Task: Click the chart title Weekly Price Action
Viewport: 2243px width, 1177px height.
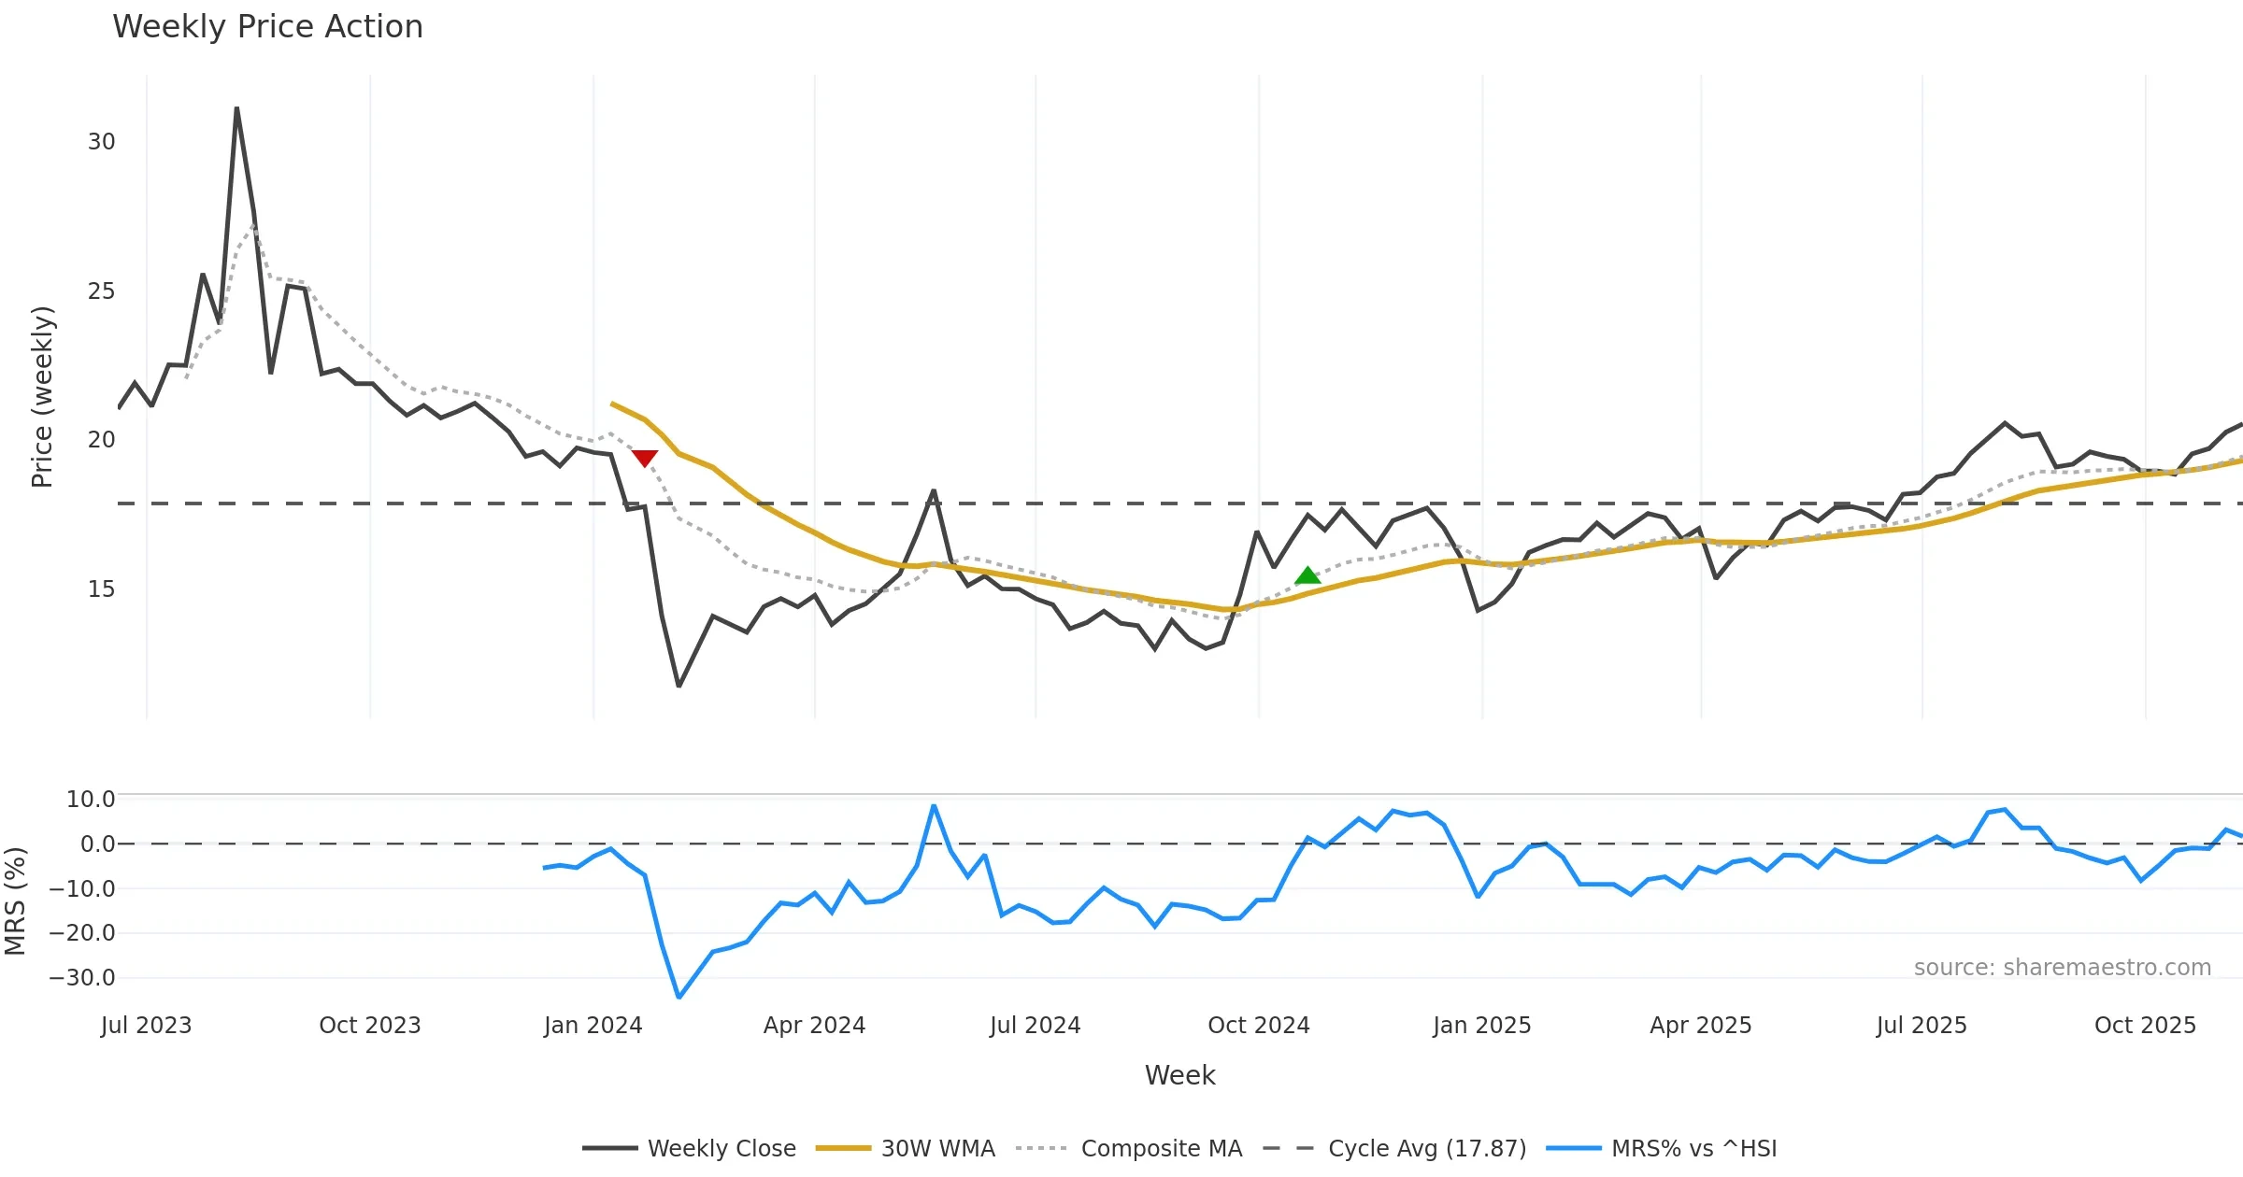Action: [x=267, y=27]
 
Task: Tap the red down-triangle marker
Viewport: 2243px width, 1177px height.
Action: [x=645, y=458]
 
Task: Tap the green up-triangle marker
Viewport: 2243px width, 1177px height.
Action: [x=1307, y=575]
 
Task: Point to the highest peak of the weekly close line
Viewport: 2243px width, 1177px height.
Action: [x=236, y=108]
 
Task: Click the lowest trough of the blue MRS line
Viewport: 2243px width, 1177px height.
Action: [x=679, y=997]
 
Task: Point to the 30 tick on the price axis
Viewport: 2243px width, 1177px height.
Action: [x=101, y=142]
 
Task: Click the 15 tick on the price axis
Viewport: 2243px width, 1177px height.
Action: [x=101, y=589]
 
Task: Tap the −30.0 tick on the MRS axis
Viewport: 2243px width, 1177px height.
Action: [x=82, y=978]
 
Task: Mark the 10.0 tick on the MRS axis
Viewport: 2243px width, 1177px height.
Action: [x=90, y=800]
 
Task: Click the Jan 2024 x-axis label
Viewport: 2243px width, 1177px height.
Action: [x=593, y=1026]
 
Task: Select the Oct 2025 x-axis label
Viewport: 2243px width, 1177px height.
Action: [x=2145, y=1026]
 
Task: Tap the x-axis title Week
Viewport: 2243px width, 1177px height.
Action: [x=1179, y=1075]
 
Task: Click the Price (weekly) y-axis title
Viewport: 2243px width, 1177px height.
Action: [x=42, y=397]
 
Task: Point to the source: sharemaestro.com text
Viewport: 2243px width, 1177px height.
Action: [x=2062, y=968]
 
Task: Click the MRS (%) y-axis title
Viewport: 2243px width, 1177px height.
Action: [x=15, y=900]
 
